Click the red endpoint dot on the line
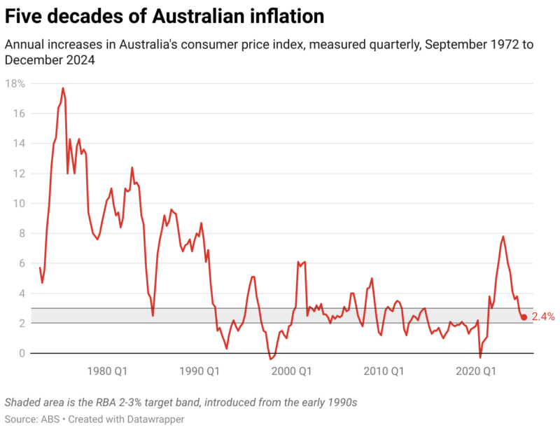(x=524, y=317)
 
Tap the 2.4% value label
(x=543, y=317)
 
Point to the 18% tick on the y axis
(x=15, y=83)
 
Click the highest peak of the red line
(x=63, y=88)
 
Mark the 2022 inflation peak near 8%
(x=503, y=237)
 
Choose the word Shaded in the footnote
(x=23, y=403)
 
